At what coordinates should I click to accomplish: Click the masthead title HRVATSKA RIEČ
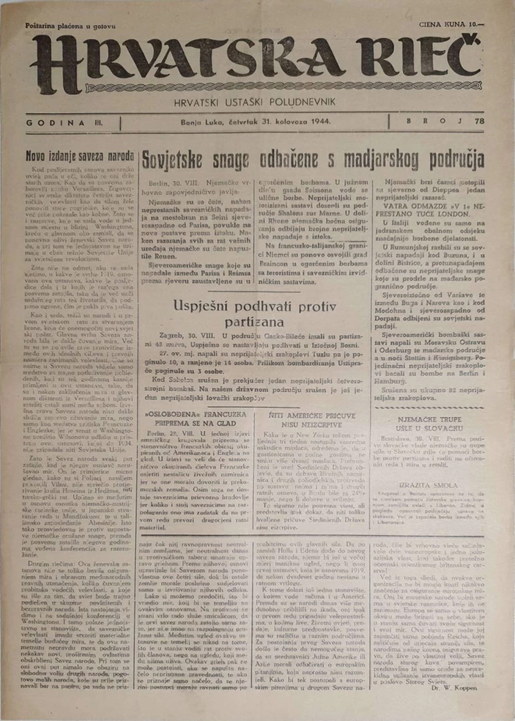coord(257,62)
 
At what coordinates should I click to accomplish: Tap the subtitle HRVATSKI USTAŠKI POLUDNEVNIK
coord(257,101)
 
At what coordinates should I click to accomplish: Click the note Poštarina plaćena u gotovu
coord(70,26)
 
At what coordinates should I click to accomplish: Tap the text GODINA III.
coord(63,121)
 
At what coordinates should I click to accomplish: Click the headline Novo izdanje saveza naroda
coord(79,155)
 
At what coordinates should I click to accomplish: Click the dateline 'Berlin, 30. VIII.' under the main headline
coord(169,183)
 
